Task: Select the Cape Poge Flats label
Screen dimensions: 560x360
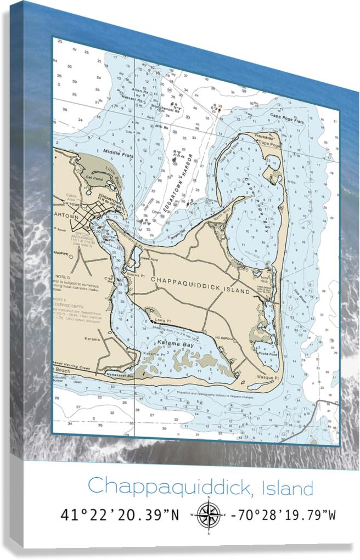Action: coord(286,116)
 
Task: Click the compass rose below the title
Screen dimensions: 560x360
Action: coord(208,515)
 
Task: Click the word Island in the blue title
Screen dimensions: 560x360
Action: coord(288,487)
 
